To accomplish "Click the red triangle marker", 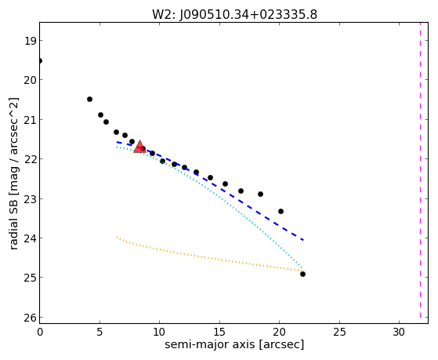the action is point(139,147).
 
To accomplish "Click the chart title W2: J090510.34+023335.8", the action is point(234,15).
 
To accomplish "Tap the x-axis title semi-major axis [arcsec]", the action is point(234,344).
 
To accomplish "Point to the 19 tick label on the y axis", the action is point(30,41).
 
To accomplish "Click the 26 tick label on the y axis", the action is point(30,318).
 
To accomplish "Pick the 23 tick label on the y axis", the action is point(30,199).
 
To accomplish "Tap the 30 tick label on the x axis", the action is point(399,332).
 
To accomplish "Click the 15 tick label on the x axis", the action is point(219,332).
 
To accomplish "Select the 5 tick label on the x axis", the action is point(100,332).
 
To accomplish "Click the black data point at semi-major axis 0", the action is point(40,60).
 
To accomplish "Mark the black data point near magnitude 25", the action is point(302,275).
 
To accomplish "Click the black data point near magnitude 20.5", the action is point(89,100).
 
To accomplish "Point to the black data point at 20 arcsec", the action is point(281,211).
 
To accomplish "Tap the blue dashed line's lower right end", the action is point(304,240).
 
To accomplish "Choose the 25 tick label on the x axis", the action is point(339,332).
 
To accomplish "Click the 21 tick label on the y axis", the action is point(30,120).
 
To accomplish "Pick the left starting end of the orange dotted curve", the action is point(117,237).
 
